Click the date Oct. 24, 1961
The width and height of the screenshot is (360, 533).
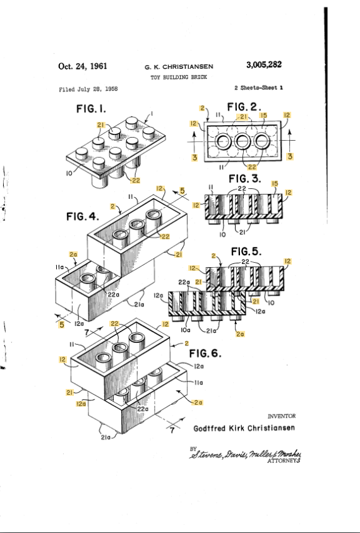point(82,66)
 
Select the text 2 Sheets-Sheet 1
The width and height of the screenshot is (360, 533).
point(258,88)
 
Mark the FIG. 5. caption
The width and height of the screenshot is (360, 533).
point(248,251)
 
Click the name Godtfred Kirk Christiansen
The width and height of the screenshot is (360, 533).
point(244,428)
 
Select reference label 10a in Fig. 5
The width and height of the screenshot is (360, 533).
point(186,328)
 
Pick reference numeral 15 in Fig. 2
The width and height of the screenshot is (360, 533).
point(265,116)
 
